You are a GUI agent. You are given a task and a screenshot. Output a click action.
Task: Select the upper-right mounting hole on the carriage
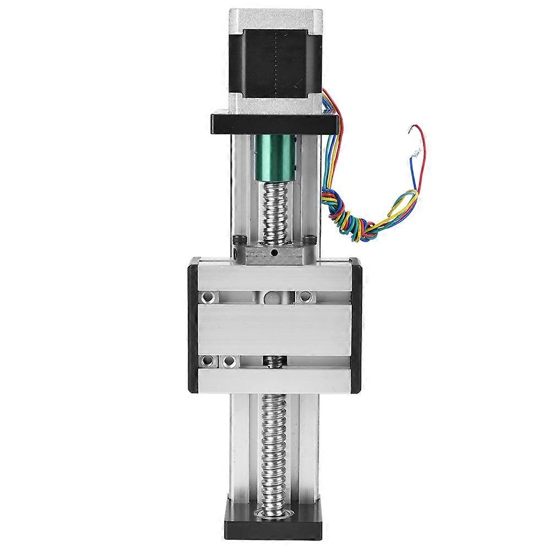pyautogui.click(x=305, y=297)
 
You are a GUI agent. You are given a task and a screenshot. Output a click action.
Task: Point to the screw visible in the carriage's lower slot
pyautogui.click(x=274, y=362)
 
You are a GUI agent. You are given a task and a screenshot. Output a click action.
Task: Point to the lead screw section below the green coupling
pyautogui.click(x=275, y=209)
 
